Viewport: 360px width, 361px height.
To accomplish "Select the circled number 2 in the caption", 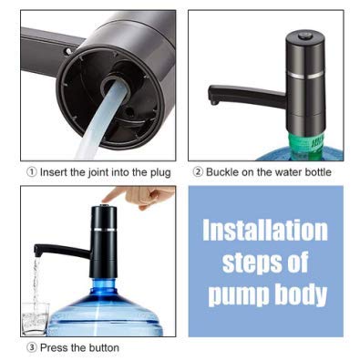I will tap(197, 172).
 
